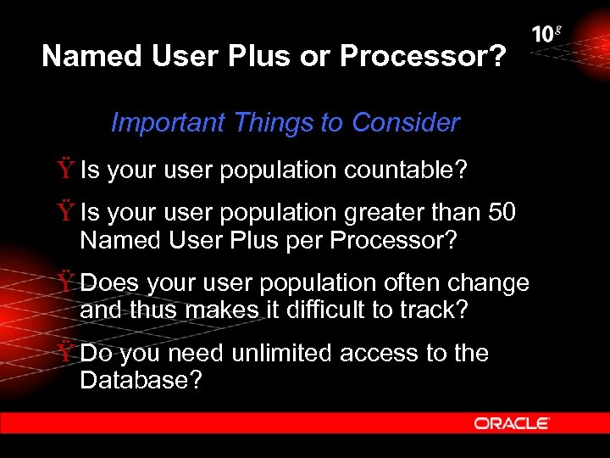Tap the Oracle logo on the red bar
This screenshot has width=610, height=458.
click(x=512, y=422)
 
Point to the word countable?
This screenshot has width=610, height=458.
click(x=405, y=170)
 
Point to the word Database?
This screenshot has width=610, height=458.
click(x=141, y=380)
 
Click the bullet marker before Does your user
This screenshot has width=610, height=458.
click(x=66, y=282)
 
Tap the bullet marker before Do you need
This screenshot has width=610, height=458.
click(x=66, y=353)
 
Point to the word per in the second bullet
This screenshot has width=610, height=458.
click(x=304, y=240)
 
